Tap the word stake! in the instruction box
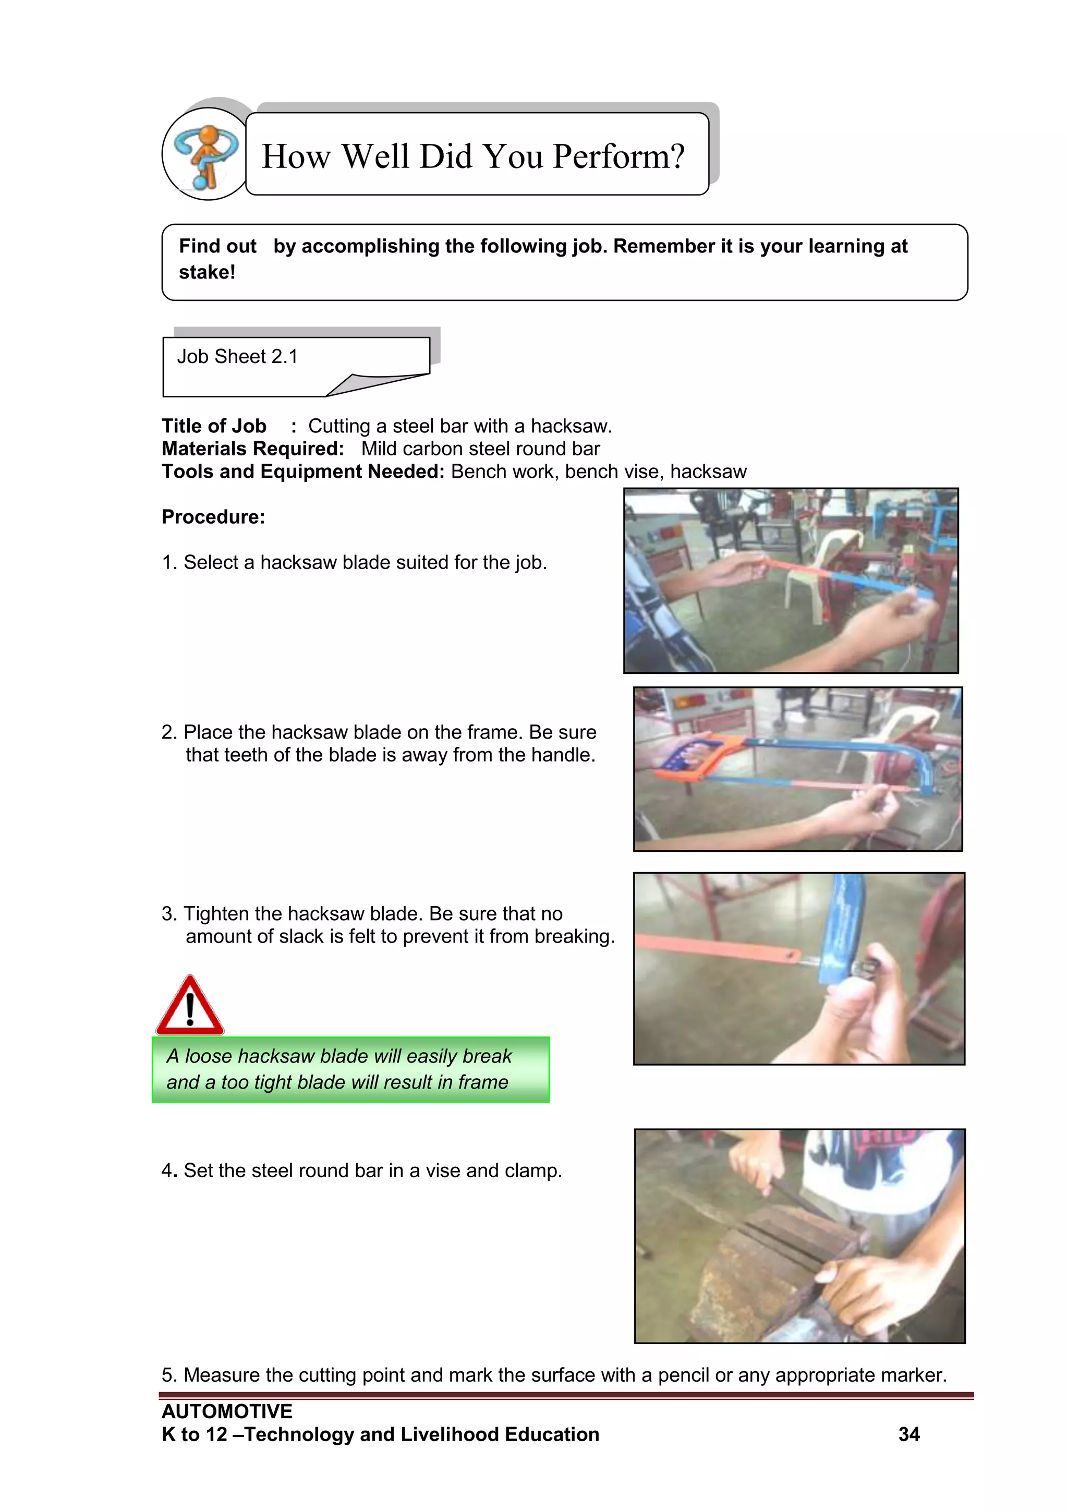tap(207, 272)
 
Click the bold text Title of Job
tap(214, 426)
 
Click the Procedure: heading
tap(213, 517)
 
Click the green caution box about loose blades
tap(350, 1070)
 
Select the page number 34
tap(908, 1434)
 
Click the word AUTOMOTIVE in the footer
tap(227, 1411)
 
